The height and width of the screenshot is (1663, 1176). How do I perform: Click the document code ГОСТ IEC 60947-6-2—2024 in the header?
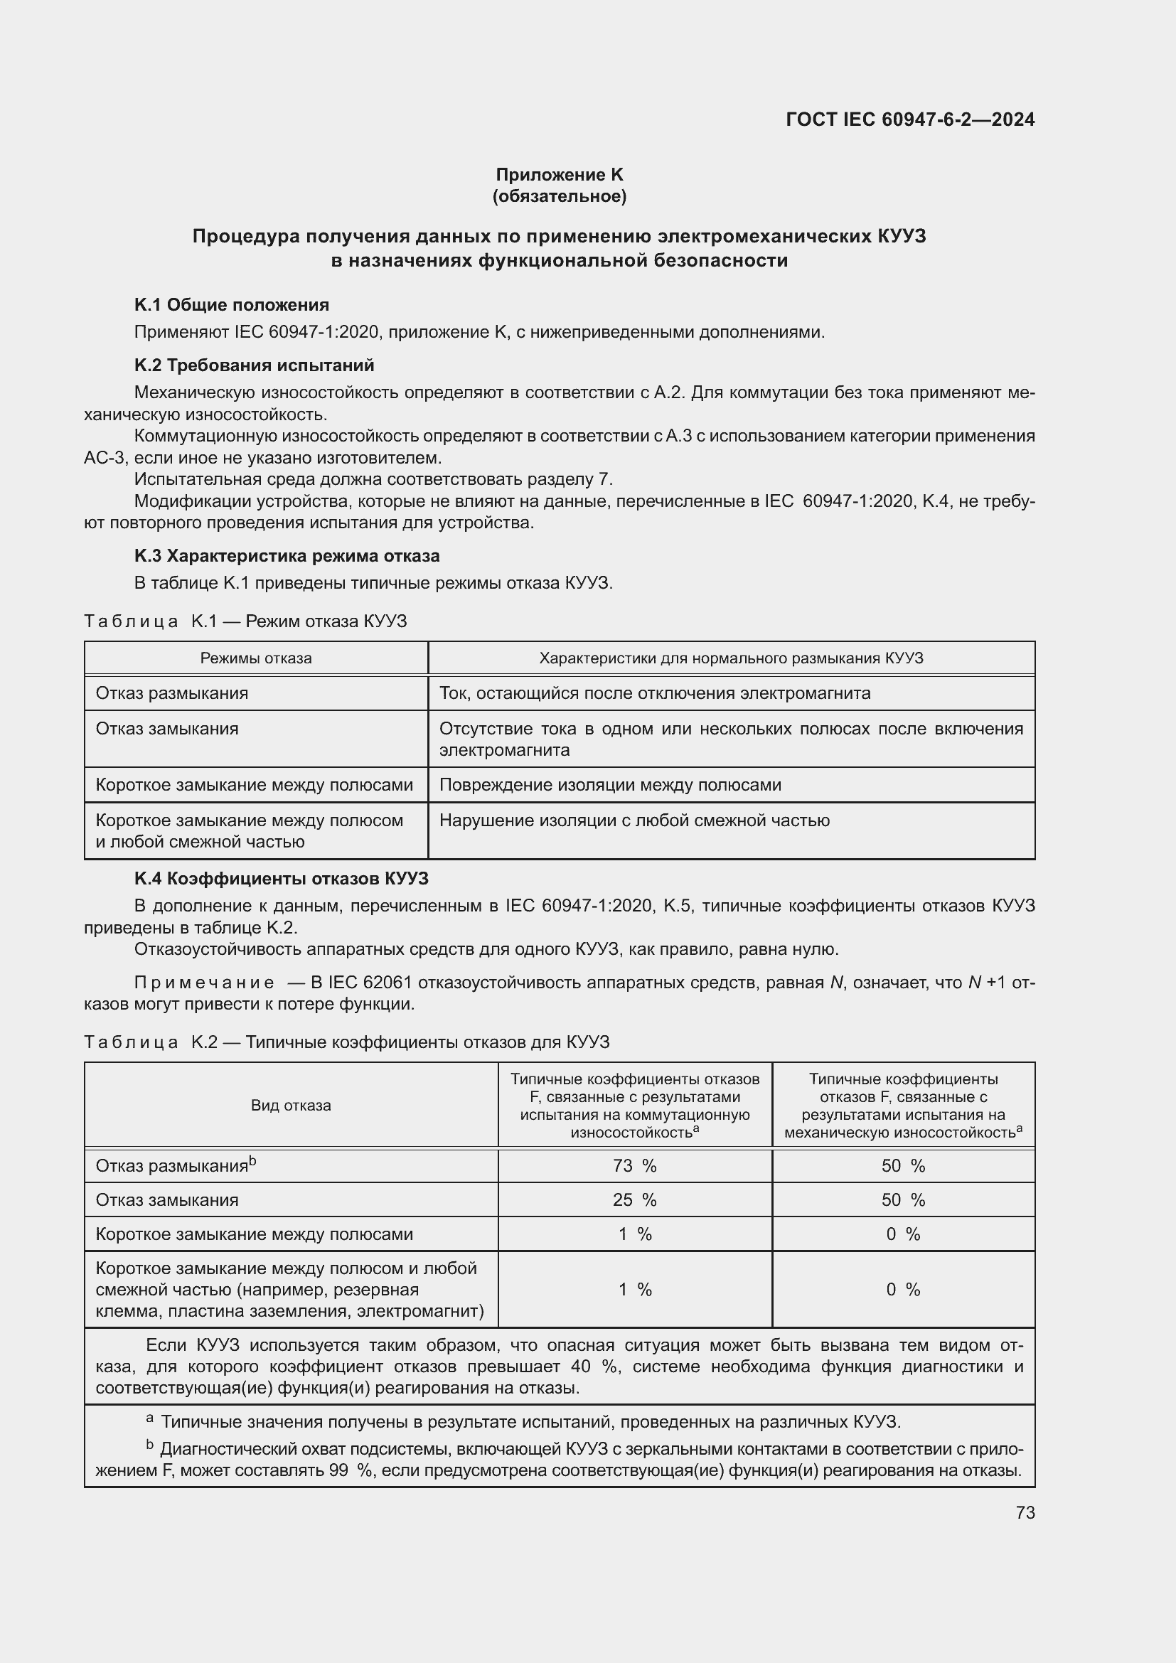[909, 119]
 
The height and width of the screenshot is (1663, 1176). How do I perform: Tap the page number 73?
[1025, 1512]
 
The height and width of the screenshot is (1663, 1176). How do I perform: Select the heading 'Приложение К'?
[559, 175]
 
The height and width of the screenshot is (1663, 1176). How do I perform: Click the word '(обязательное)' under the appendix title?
[559, 196]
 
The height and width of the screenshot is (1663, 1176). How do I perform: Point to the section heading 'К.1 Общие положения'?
[232, 305]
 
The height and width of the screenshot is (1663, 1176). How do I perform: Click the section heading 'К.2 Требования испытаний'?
[254, 365]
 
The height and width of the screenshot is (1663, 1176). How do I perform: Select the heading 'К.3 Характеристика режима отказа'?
[287, 556]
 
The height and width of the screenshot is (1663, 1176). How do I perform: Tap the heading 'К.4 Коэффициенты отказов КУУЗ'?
[281, 879]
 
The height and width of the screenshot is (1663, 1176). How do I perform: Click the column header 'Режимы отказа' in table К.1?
[256, 658]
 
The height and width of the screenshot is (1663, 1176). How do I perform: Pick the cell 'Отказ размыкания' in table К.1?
[171, 693]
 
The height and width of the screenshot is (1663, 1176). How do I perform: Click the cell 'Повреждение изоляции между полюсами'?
[610, 785]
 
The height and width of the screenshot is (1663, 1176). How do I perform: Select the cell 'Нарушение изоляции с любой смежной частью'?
[634, 820]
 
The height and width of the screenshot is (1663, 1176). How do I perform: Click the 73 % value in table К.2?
[634, 1165]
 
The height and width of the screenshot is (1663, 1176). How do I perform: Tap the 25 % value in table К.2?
[634, 1199]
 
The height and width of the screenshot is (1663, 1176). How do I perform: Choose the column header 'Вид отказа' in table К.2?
[290, 1106]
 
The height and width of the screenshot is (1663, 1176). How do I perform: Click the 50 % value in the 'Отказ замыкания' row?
[903, 1199]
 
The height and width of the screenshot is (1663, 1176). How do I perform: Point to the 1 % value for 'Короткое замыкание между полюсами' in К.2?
[634, 1234]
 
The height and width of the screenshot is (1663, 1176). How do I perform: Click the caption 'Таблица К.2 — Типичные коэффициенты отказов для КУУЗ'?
[346, 1042]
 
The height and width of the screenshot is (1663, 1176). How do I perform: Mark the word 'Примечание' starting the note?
[204, 983]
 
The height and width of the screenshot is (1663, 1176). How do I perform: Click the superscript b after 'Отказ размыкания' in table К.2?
[252, 1161]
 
